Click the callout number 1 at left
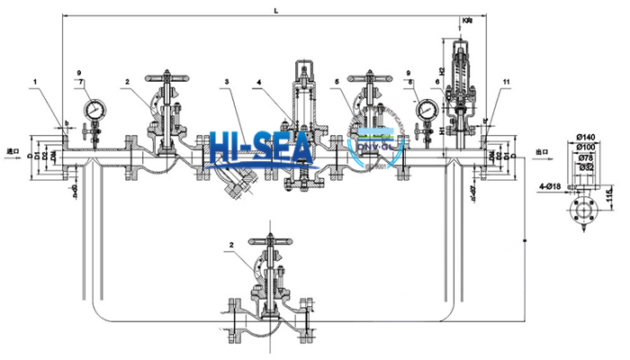pos(35,82)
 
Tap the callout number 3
pos(228,82)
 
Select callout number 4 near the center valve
pos(258,82)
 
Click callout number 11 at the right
pos(507,82)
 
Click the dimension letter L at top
pos(275,9)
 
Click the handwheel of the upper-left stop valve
pos(168,76)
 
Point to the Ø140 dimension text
pos(584,135)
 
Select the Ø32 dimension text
pos(584,166)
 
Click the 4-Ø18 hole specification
pos(551,185)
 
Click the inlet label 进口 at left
pos(13,151)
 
